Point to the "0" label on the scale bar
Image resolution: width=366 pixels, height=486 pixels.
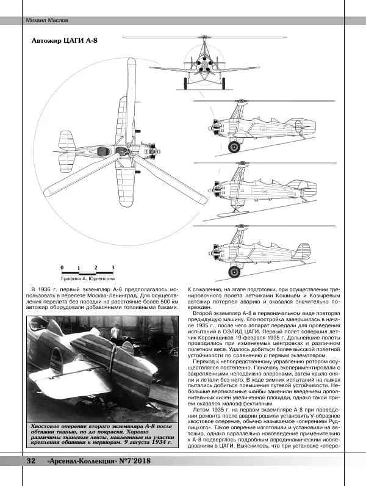62,267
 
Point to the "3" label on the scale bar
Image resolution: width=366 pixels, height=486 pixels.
113,267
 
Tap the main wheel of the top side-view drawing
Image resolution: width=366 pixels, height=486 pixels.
233,147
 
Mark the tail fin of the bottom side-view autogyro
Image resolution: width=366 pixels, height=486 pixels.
301,251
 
